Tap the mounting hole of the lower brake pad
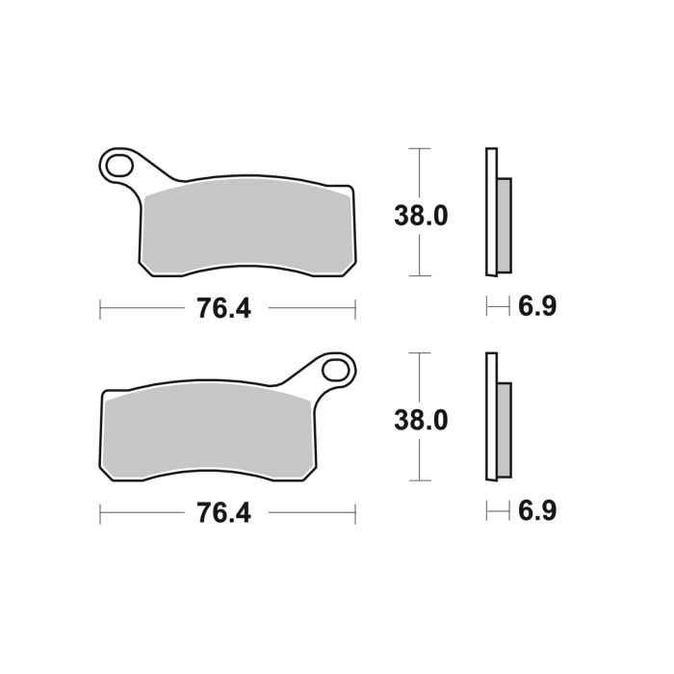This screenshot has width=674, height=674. [336, 370]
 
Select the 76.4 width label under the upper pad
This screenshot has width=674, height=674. [223, 308]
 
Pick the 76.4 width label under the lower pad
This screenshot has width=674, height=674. [223, 513]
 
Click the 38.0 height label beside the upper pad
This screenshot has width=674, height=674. [421, 216]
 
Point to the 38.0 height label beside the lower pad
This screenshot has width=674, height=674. [421, 421]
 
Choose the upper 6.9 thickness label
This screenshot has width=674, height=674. [537, 307]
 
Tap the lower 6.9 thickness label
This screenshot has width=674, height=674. [537, 511]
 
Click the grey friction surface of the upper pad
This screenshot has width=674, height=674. [246, 226]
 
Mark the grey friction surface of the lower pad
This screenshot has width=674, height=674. [212, 431]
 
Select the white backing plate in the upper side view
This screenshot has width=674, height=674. [491, 212]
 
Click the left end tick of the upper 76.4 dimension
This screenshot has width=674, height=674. [101, 308]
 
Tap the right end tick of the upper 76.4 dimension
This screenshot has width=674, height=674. [355, 308]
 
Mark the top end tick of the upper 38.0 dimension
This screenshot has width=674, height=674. [417, 149]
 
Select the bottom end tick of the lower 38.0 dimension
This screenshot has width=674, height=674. [417, 480]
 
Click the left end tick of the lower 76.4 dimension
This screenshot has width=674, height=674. [101, 513]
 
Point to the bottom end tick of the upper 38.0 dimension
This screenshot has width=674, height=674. [417, 275]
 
